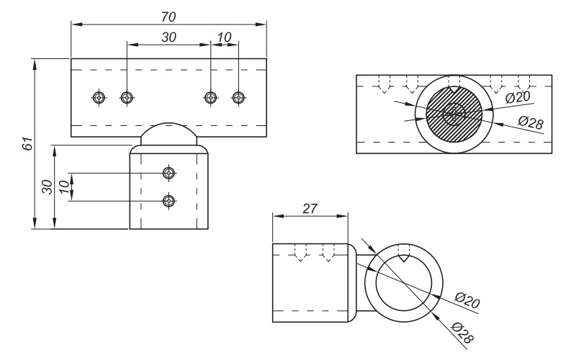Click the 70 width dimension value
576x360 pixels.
pyautogui.click(x=169, y=15)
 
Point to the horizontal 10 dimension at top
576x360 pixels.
pyautogui.click(x=225, y=37)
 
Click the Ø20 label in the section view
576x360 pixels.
pyautogui.click(x=518, y=96)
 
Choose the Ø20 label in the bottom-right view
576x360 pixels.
pyautogui.click(x=467, y=301)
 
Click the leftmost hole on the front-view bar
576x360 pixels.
pyautogui.click(x=99, y=97)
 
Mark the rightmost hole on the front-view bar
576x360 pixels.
pyautogui.click(x=238, y=97)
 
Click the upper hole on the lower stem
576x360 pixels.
pyautogui.click(x=168, y=173)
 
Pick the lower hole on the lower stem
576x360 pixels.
pyautogui.click(x=168, y=200)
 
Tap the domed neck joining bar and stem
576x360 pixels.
pyautogui.click(x=168, y=134)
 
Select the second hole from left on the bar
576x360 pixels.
pyautogui.click(x=127, y=97)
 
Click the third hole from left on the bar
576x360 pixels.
pyautogui.click(x=210, y=97)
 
